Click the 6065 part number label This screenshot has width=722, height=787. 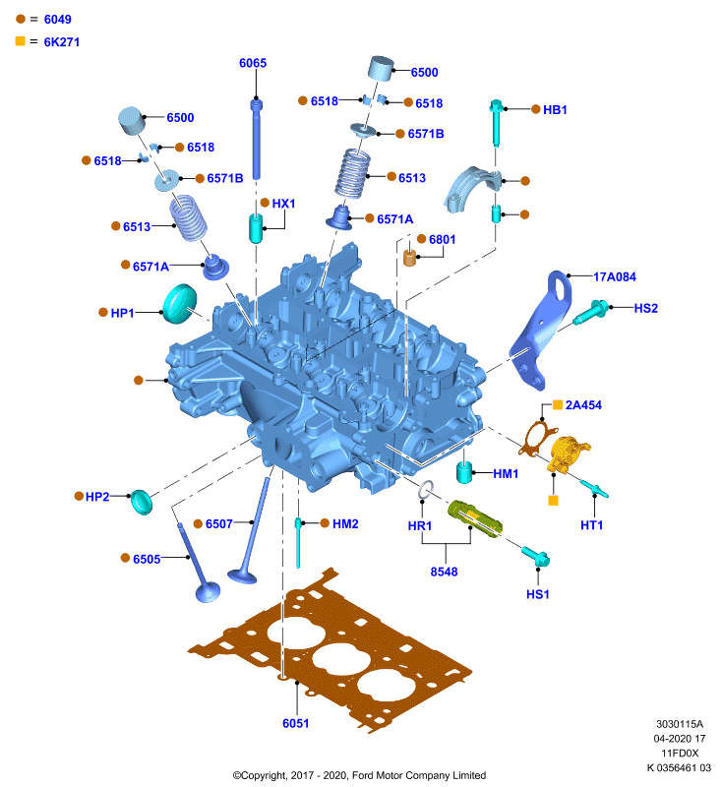(253, 63)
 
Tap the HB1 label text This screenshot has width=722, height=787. (555, 109)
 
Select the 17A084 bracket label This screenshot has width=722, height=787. (615, 276)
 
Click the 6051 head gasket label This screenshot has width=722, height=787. (295, 723)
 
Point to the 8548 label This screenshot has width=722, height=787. (444, 572)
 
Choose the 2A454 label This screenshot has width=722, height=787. (583, 405)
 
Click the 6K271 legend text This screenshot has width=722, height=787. (62, 42)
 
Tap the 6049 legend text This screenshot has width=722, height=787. (58, 20)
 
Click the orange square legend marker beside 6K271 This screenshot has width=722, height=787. (20, 41)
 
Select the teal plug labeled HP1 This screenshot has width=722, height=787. (179, 304)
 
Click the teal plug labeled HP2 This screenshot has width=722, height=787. (141, 502)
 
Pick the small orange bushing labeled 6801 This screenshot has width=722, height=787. (410, 258)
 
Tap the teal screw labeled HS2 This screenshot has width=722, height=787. (591, 312)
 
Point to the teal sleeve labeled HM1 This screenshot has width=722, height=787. (464, 472)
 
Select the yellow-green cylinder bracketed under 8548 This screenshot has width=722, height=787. (475, 518)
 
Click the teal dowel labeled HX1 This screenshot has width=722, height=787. (256, 228)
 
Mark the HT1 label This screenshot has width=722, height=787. (591, 525)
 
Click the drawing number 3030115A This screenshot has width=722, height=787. (680, 724)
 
